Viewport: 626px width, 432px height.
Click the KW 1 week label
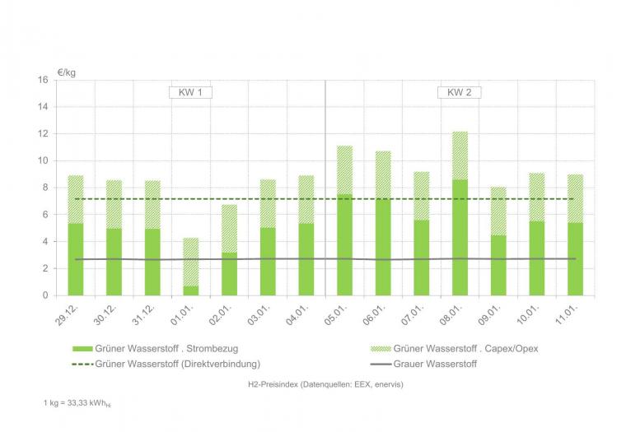coord(190,92)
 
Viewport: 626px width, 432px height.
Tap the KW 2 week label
coord(459,92)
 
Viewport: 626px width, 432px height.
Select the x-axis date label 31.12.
coord(148,314)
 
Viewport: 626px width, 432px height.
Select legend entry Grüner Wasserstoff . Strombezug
coord(156,349)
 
